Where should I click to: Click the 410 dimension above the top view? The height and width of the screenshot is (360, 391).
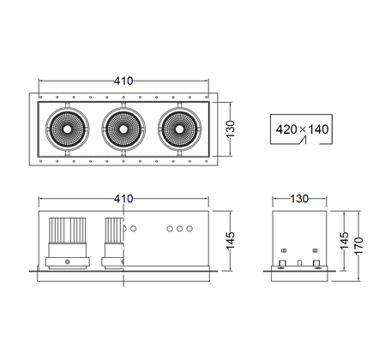123,81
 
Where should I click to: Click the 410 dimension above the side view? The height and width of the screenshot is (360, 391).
123,199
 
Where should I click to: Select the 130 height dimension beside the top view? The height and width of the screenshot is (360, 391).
231,129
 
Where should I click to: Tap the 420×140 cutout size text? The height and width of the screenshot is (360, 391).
302,129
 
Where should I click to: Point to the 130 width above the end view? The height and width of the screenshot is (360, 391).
299,199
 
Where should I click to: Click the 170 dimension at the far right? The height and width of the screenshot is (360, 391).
358,245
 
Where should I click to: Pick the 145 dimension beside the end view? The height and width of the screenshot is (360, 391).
345,241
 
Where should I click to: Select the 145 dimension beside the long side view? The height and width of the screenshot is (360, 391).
231,241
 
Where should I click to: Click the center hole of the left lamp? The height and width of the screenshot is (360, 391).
68,129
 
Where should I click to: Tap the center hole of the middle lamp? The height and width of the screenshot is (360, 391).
123,129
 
